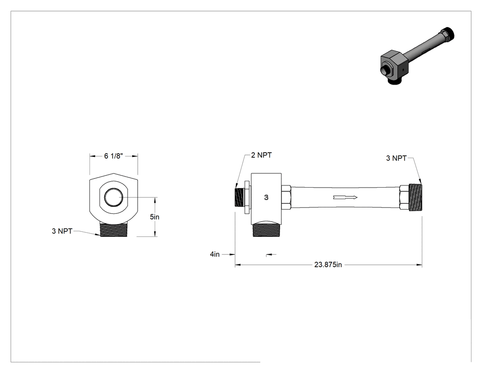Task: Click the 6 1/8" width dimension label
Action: tap(113, 156)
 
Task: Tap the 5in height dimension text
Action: tap(155, 217)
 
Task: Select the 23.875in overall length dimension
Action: tap(328, 264)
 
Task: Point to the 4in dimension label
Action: tap(215, 254)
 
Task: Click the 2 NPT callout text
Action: tap(261, 155)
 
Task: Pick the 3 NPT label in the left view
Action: tap(62, 231)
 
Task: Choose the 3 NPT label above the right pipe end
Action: tap(396, 158)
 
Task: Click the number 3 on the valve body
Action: tap(266, 197)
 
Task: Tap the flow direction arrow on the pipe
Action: tap(345, 197)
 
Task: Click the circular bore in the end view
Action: tap(114, 197)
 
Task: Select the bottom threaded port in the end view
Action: tap(114, 230)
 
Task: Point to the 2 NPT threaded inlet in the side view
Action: tap(240, 197)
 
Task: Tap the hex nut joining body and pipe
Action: tap(286, 197)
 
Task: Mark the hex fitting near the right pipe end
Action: tap(404, 197)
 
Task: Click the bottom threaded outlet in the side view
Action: tap(266, 230)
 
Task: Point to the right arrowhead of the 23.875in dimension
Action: tap(419, 264)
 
